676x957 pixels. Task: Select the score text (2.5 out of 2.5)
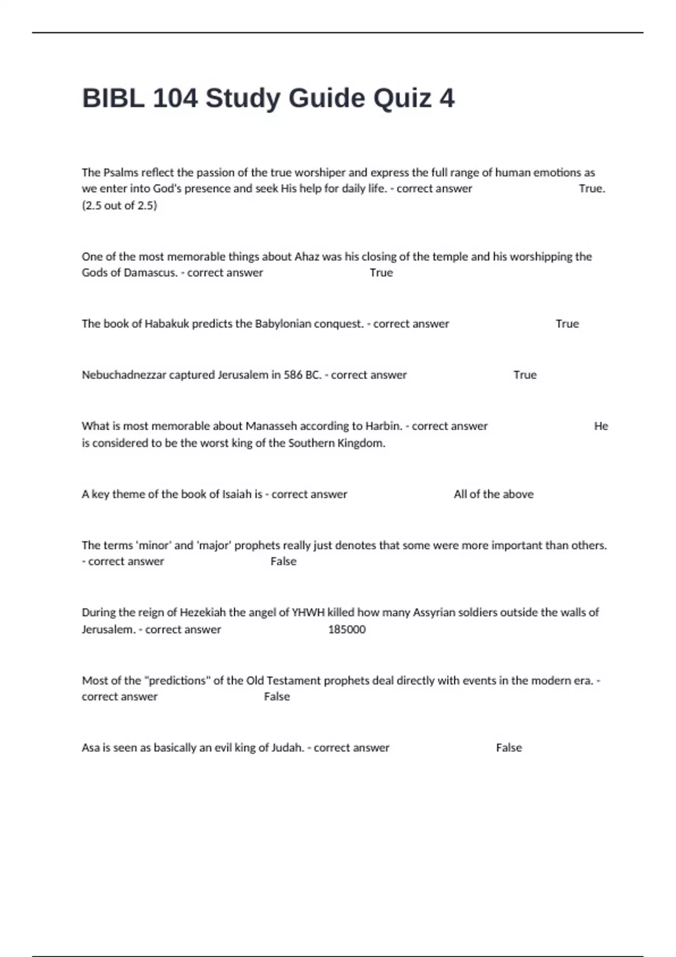119,205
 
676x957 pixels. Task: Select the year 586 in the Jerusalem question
293,375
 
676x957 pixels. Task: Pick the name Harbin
384,426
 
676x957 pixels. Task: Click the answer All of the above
493,494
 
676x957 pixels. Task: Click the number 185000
346,629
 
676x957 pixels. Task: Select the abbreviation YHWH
308,612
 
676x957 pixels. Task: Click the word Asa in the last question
90,748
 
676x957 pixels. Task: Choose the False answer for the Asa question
509,748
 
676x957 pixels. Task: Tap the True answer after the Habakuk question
567,324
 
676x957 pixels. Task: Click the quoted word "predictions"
184,681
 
